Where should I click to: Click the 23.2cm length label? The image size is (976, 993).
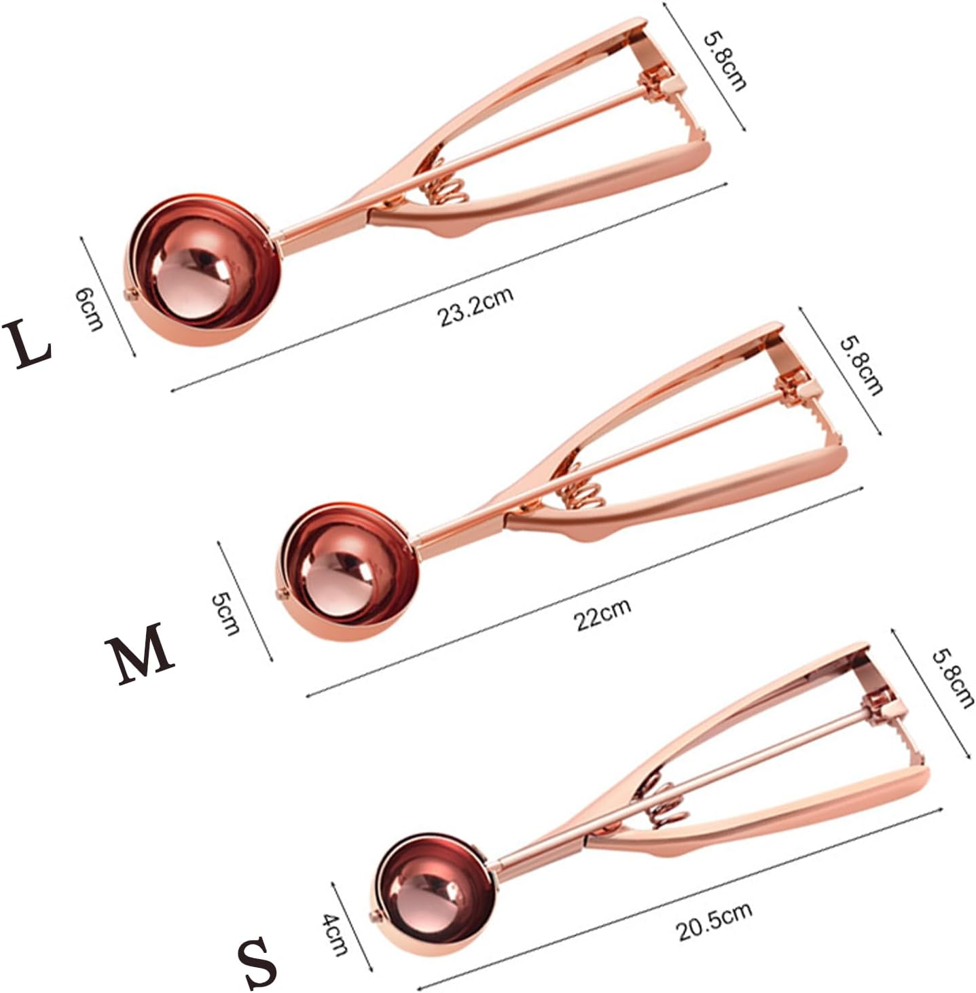[x=475, y=307]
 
